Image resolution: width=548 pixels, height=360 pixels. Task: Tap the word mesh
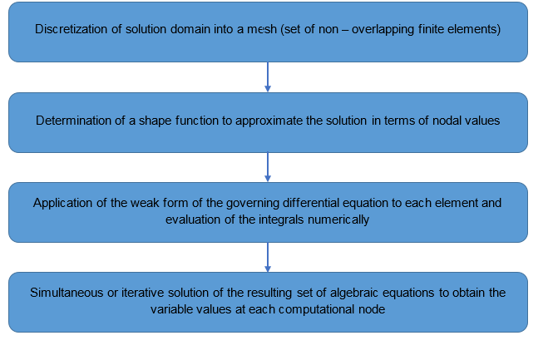click(262, 29)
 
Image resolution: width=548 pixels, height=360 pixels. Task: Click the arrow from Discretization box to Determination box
click(268, 76)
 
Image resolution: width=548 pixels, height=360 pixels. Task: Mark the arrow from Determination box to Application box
click(268, 167)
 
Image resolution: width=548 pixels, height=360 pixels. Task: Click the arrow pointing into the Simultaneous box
click(268, 257)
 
